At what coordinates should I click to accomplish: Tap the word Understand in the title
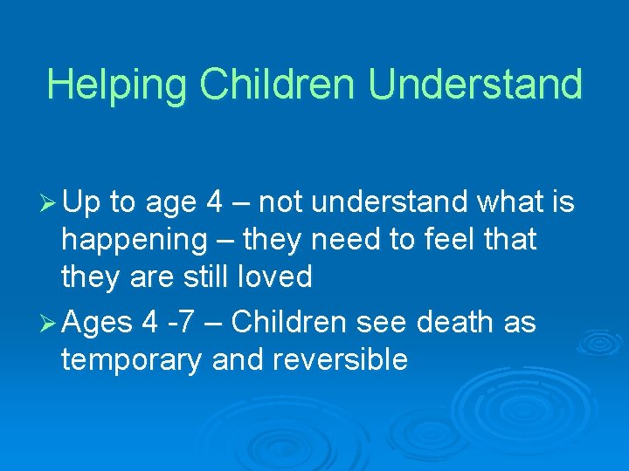475,85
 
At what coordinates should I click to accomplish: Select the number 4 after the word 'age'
214,203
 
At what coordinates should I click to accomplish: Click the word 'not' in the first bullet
280,204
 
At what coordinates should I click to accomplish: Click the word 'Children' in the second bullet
290,323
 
